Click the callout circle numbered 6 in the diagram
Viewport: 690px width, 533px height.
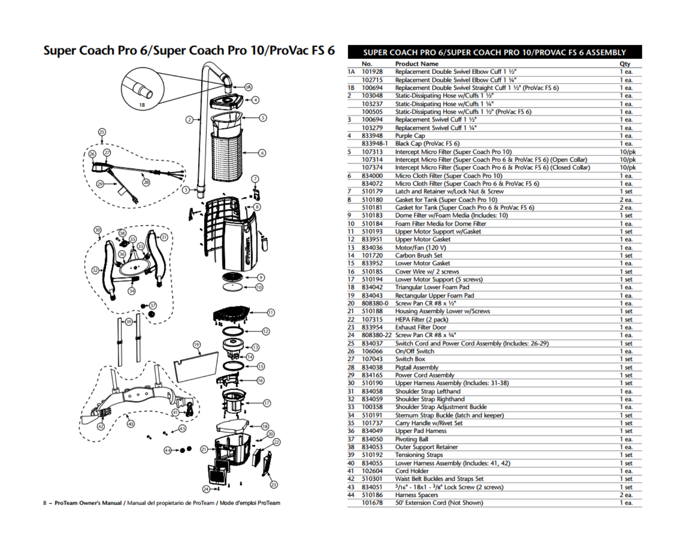(262, 153)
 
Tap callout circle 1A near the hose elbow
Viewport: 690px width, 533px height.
(248, 87)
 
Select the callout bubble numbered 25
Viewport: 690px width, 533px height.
(102, 132)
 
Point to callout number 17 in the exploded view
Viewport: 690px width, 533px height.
(267, 403)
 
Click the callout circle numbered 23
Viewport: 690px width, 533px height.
(274, 485)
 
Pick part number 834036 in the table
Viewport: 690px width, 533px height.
(372, 247)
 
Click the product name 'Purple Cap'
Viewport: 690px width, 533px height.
(410, 135)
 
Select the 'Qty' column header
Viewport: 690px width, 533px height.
(625, 64)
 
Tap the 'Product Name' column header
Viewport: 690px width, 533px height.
(416, 64)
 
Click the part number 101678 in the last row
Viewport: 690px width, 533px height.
(372, 503)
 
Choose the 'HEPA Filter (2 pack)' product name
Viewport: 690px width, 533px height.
(421, 319)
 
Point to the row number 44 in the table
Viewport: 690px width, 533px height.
(351, 495)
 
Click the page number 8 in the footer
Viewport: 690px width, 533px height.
(45, 503)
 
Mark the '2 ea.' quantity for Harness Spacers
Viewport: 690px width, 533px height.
(626, 495)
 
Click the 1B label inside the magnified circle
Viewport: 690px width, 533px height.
(142, 105)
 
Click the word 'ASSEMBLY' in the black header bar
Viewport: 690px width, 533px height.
(606, 53)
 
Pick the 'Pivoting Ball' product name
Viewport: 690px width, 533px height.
(412, 439)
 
